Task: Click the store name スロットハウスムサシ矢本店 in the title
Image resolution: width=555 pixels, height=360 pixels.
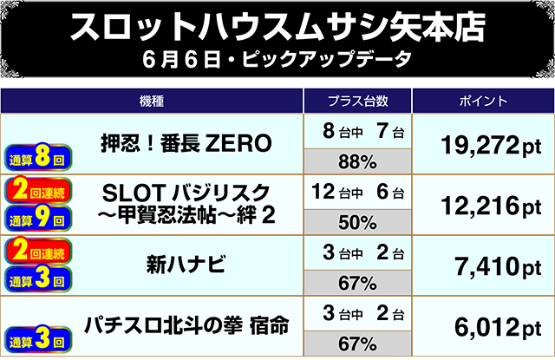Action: [x=277, y=28]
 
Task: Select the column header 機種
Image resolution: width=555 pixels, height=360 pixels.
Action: [x=151, y=101]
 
